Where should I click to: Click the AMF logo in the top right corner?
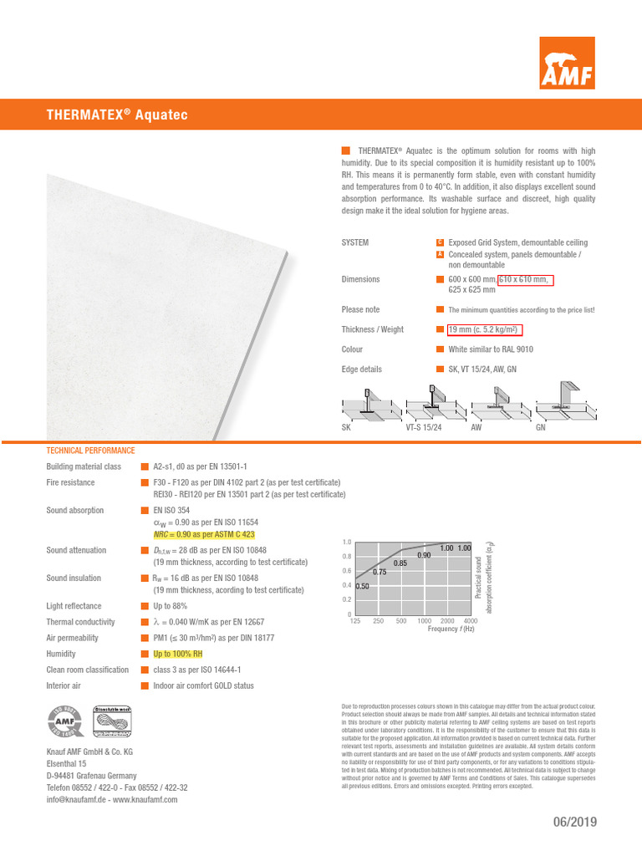click(x=566, y=64)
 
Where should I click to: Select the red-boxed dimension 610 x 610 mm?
click(x=525, y=279)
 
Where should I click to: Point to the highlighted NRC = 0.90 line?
click(x=204, y=533)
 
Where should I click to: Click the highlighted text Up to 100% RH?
click(x=177, y=654)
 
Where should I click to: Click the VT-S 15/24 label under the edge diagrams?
click(x=423, y=426)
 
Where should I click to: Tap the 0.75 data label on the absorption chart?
click(x=380, y=572)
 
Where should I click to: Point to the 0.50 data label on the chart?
click(x=362, y=586)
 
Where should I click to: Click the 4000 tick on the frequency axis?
click(x=470, y=621)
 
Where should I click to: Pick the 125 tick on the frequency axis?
click(x=354, y=621)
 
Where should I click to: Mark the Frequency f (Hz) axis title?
click(x=451, y=629)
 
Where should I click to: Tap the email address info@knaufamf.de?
click(x=79, y=799)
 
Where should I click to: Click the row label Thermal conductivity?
click(x=80, y=622)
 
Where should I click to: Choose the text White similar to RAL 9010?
click(x=491, y=349)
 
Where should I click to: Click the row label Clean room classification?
click(x=88, y=670)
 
